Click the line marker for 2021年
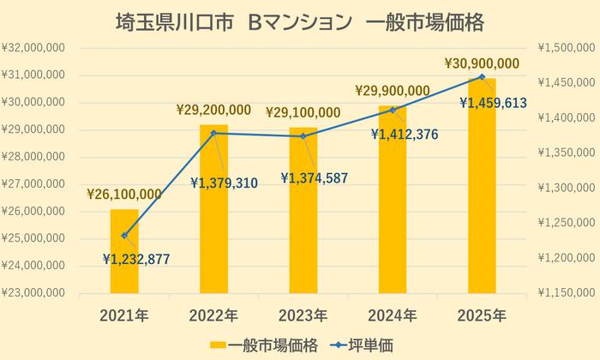coord(124,236)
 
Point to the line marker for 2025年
coord(482,76)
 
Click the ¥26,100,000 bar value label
coord(124,195)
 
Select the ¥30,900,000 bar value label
coord(483,63)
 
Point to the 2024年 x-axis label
coord(393,313)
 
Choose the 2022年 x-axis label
coord(213,313)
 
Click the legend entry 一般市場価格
coord(266,345)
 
